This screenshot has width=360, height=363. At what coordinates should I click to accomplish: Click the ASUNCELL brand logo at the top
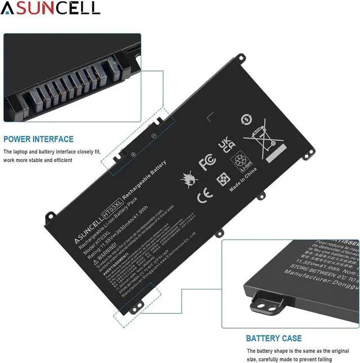(x=51, y=8)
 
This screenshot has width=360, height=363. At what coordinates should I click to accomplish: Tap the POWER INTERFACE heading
(x=38, y=139)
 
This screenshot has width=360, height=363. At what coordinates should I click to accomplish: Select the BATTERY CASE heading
(x=273, y=338)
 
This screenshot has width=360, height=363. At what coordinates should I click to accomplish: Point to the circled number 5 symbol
(x=245, y=119)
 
